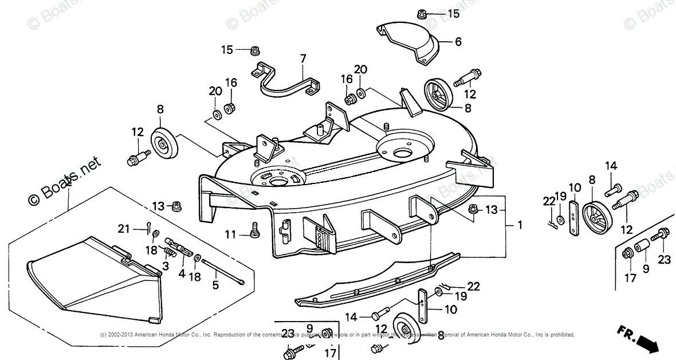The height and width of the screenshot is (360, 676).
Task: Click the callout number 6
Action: coord(458,42)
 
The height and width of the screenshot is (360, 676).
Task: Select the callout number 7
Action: coord(302,58)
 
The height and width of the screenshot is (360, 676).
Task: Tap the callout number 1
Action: coord(520,225)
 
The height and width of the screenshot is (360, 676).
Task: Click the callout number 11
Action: coord(230,233)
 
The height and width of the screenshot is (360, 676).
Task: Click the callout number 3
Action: coord(165,265)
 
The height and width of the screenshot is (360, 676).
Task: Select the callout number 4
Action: coord(182,273)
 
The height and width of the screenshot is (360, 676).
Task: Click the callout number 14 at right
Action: coord(611,166)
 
